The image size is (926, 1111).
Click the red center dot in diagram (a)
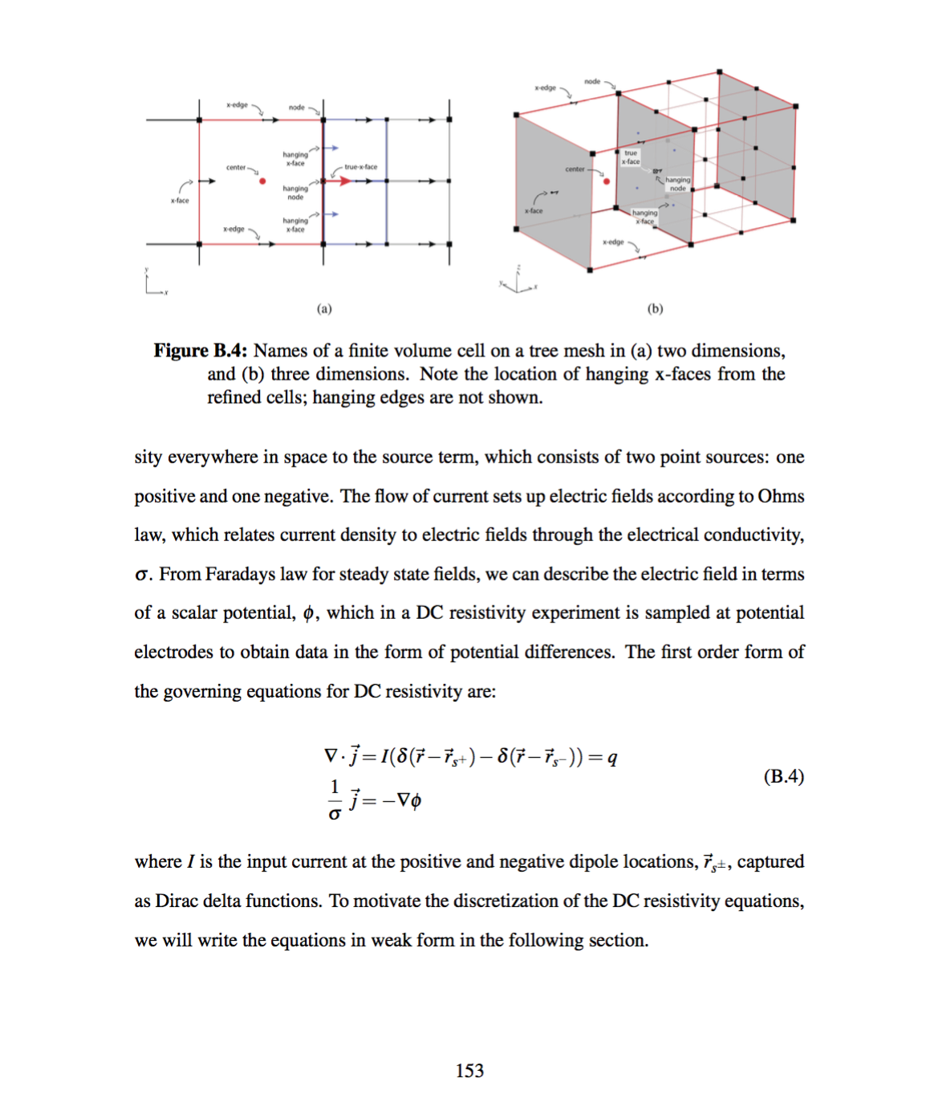click(262, 181)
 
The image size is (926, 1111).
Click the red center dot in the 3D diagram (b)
click(607, 181)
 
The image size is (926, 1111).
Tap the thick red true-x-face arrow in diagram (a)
click(343, 181)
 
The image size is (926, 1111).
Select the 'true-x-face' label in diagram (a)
click(360, 167)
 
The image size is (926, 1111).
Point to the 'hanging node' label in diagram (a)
click(295, 193)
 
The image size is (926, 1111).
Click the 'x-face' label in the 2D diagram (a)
click(180, 201)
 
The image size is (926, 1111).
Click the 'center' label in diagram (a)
click(236, 168)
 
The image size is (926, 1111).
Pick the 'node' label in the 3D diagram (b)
click(592, 82)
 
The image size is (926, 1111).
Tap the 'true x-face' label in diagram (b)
click(631, 157)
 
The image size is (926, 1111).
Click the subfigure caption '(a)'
click(324, 309)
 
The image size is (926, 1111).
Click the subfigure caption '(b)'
click(656, 309)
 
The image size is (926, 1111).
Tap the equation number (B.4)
click(783, 776)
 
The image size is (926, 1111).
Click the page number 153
click(469, 1071)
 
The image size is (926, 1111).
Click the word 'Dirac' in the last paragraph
click(176, 901)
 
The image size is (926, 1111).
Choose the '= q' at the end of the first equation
click(603, 757)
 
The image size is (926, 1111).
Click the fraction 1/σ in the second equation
click(335, 800)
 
